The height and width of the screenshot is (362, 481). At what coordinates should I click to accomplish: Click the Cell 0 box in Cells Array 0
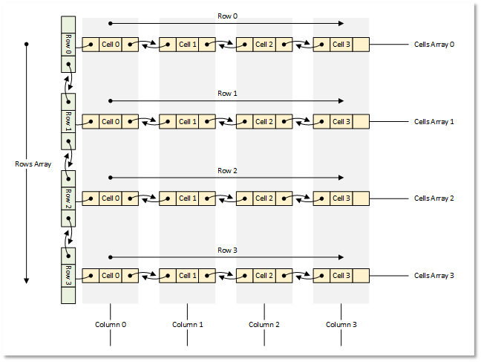(111, 45)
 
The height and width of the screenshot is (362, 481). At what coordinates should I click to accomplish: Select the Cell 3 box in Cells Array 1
(341, 122)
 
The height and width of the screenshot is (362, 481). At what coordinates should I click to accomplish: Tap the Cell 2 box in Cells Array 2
(264, 198)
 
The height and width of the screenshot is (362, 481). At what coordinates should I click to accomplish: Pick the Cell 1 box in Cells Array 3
(188, 276)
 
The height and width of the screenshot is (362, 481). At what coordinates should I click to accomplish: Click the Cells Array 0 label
(434, 45)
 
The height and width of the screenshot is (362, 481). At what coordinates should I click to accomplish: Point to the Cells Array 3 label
(434, 276)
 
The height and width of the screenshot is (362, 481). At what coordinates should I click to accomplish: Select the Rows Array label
(33, 164)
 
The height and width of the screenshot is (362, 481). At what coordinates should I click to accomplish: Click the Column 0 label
(111, 325)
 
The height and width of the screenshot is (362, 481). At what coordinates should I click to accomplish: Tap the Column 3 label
(341, 325)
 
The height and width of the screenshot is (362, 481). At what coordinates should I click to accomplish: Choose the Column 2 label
(264, 325)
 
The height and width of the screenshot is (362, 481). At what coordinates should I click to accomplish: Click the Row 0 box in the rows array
(68, 45)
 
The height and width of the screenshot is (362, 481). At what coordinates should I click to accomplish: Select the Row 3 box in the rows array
(68, 276)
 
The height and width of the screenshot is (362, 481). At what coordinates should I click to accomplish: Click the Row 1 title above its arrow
(227, 94)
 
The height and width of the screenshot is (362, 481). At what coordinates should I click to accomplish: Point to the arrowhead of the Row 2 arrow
(341, 178)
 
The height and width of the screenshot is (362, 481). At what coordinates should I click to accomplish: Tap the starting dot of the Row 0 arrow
(111, 23)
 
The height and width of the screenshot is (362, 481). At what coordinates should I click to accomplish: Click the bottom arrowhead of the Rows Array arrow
(27, 281)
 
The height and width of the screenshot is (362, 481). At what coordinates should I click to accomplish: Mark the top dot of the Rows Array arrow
(27, 45)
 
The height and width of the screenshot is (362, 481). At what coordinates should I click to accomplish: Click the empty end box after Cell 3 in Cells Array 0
(361, 45)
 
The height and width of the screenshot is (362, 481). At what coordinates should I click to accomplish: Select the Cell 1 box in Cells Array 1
(188, 122)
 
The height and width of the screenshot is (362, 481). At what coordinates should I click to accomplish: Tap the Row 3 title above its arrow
(227, 251)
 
